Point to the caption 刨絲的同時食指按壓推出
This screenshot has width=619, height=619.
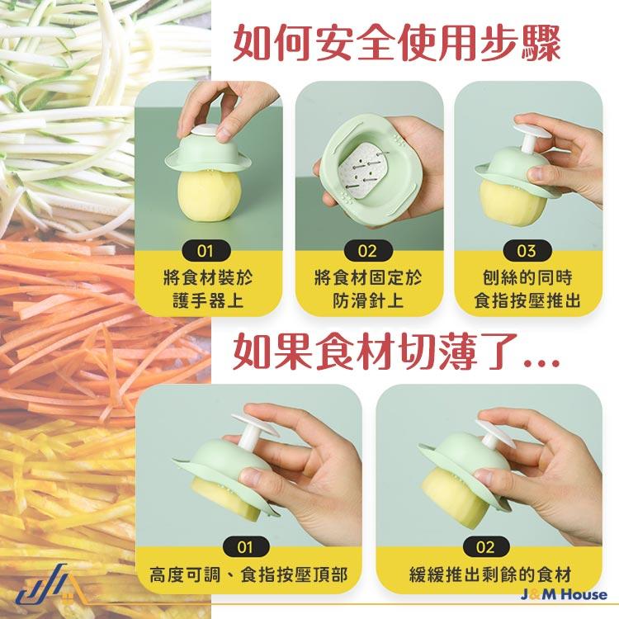tap(526, 288)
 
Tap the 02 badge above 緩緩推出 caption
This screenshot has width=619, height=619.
tap(485, 546)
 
